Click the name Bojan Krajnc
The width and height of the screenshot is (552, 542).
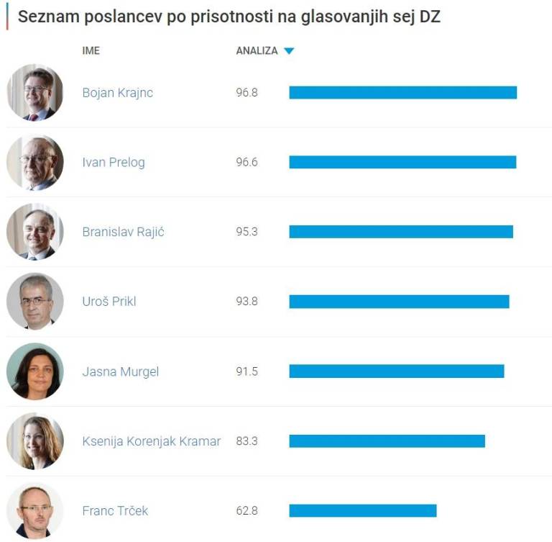[x=117, y=93]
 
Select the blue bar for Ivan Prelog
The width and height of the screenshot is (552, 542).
[x=402, y=163]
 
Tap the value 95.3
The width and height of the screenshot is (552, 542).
[x=247, y=232]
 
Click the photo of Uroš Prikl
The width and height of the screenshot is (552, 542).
[x=35, y=302]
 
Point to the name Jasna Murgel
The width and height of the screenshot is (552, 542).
[x=120, y=371]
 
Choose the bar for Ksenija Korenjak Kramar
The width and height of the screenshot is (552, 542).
[x=387, y=441]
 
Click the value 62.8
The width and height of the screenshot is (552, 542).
[x=247, y=511]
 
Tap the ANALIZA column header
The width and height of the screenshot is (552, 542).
[x=257, y=51]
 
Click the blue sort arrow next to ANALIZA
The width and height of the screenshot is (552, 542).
[x=289, y=51]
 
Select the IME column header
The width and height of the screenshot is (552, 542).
[x=91, y=51]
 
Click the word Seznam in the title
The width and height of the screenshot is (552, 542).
[x=43, y=17]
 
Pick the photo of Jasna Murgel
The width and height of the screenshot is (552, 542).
[x=35, y=371]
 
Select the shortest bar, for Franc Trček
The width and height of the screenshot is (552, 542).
[x=363, y=511]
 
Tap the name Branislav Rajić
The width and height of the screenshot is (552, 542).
[x=123, y=232]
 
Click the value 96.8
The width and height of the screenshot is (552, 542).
[x=247, y=93]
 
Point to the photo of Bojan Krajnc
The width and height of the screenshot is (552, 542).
[x=35, y=93]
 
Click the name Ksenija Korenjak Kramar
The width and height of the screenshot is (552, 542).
[x=151, y=441]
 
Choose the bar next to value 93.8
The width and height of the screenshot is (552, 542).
[x=399, y=302]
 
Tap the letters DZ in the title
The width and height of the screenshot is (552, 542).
[x=429, y=17]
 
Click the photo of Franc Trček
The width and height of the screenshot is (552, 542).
[x=35, y=511]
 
